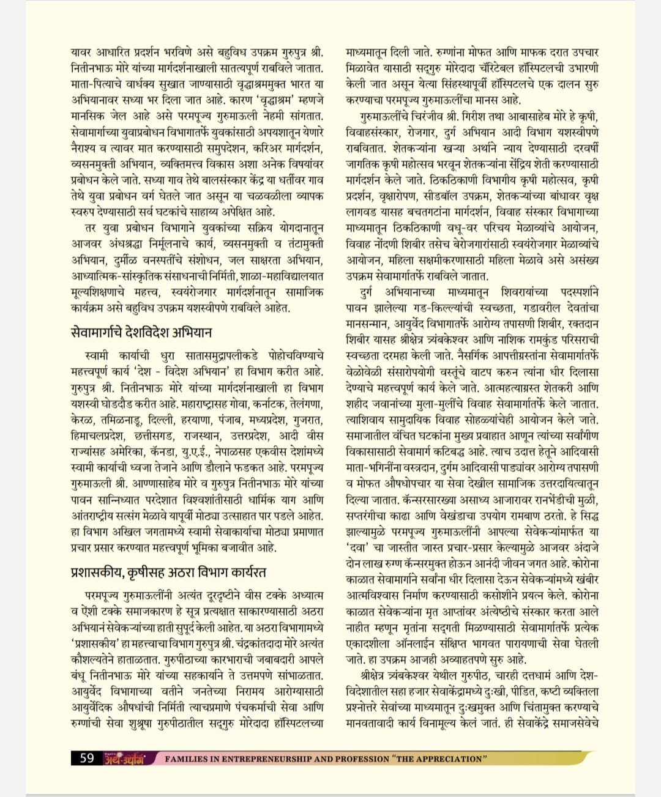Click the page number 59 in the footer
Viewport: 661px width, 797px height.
(87, 758)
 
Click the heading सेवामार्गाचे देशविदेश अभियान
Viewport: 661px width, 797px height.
(141, 333)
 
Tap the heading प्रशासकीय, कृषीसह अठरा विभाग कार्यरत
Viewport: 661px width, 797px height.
(166, 573)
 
